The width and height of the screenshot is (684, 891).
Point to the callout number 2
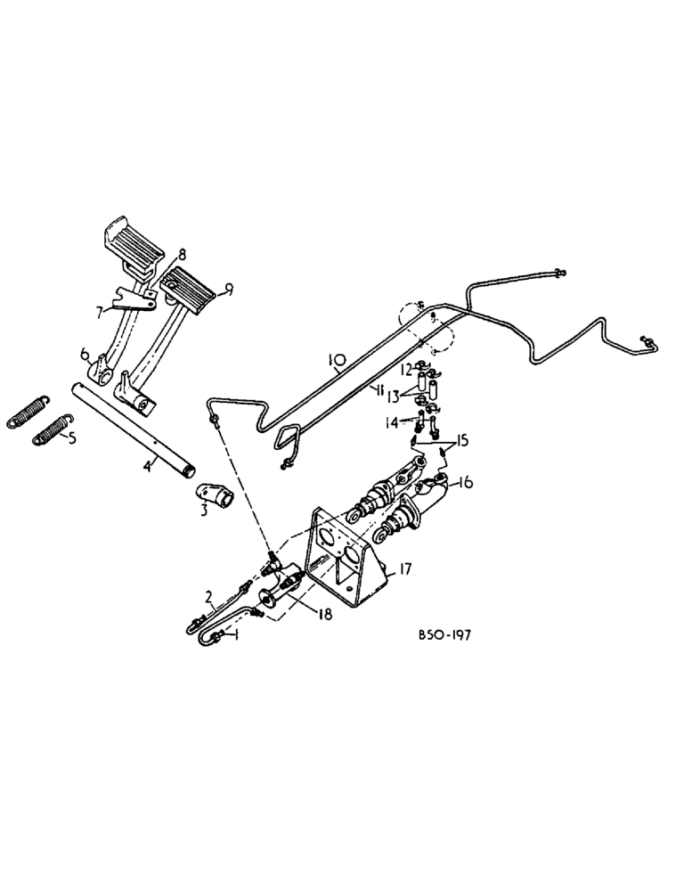(208, 596)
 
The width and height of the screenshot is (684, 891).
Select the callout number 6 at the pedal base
(85, 354)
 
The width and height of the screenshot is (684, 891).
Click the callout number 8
(181, 253)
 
